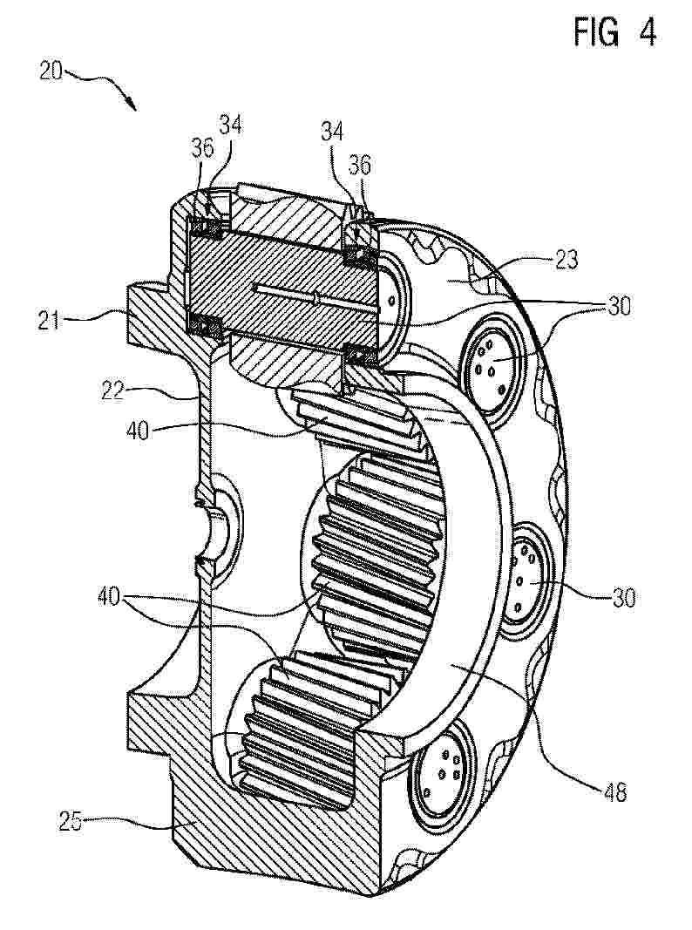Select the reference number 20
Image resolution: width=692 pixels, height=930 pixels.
point(51,71)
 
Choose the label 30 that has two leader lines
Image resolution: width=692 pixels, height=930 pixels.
point(619,307)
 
